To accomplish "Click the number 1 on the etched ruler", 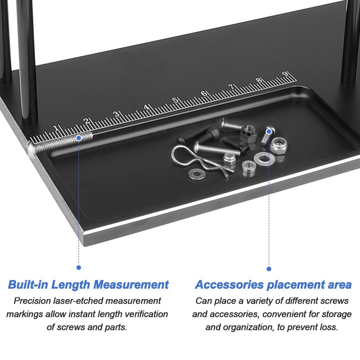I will point(55,128).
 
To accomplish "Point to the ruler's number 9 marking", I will point(284,74).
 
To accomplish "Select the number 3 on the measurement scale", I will point(116,114).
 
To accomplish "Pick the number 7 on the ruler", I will point(231,87).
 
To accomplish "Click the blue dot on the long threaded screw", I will point(79,138).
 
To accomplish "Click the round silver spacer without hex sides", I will point(248,167).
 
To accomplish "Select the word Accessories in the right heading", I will point(229,284).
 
